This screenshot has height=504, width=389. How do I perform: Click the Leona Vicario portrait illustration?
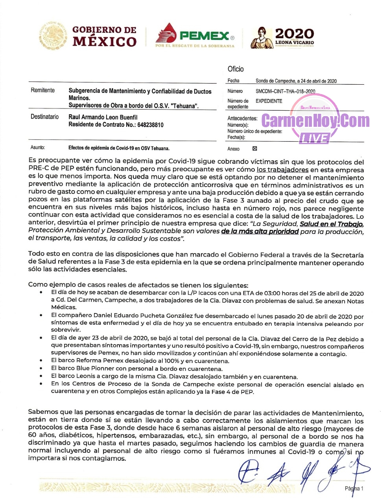coord(261,38)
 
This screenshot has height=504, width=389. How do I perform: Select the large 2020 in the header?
coord(294,33)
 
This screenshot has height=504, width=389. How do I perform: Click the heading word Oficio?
coord(236,69)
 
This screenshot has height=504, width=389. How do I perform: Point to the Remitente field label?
coord(42,90)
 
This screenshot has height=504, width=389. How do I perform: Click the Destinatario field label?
coord(44,117)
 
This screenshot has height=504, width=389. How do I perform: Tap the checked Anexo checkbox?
coord(254,148)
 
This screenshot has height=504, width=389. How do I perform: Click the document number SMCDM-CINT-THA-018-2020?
coord(285,91)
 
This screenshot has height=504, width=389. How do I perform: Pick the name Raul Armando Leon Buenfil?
coord(103,117)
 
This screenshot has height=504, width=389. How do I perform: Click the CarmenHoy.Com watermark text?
coord(315,120)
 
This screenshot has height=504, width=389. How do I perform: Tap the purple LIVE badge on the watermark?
coord(314,138)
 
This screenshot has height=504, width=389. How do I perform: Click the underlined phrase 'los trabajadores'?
coord(282,170)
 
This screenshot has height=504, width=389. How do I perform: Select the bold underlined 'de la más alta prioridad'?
coord(260,232)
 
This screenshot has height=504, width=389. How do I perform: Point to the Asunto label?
coord(38,148)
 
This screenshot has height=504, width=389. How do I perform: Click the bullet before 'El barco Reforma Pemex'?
coord(41,361)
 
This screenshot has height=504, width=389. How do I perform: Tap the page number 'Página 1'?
coord(354,488)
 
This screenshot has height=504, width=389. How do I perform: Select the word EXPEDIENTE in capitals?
coord(269,101)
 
